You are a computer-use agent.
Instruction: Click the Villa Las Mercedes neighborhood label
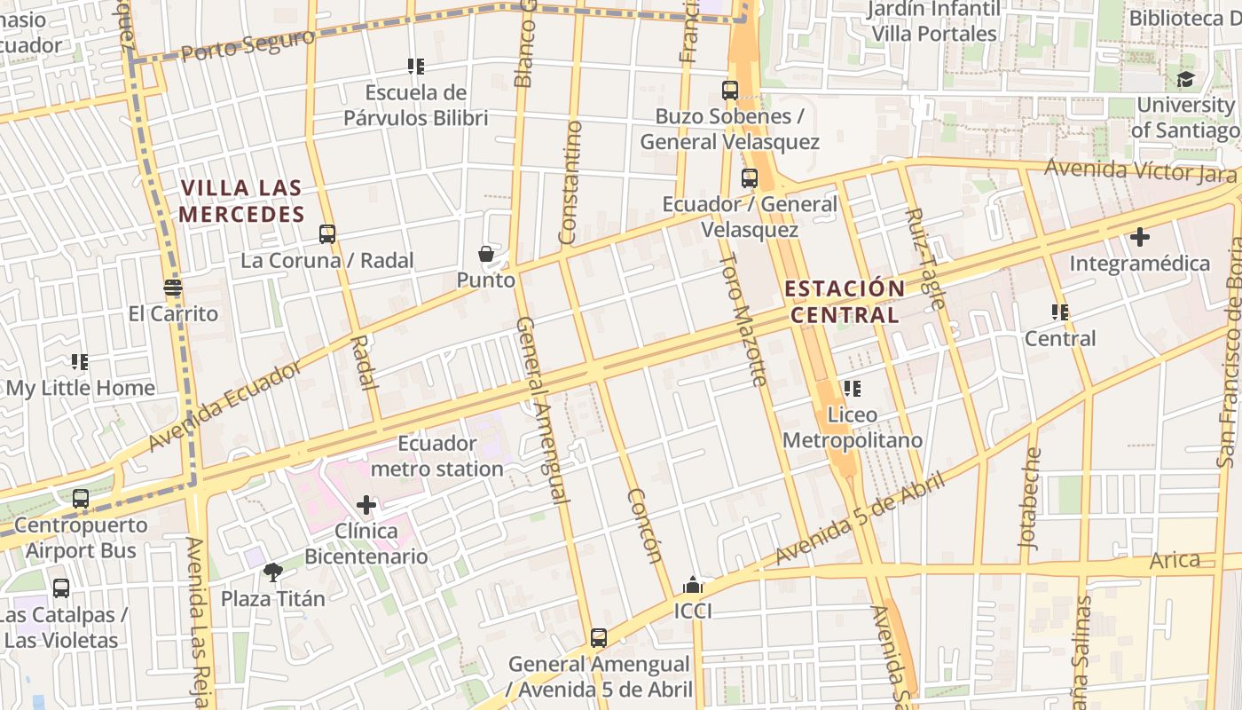coord(241,201)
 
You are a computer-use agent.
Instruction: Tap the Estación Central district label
coord(845,302)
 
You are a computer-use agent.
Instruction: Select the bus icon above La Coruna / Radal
coord(327,234)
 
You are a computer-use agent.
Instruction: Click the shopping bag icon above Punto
coord(486,255)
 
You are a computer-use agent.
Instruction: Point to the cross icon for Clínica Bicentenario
coord(366,506)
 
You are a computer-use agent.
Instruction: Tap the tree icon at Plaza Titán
coord(273,572)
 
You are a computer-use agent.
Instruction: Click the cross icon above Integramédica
coord(1140,238)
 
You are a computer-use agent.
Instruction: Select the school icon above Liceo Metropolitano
coord(853,389)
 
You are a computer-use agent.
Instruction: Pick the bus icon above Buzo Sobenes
coord(730,91)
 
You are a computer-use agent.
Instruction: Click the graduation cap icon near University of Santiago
coord(1185,80)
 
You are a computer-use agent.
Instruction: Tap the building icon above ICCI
coord(693,586)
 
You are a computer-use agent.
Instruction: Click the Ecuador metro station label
coord(437,456)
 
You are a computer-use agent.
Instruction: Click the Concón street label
coord(645,525)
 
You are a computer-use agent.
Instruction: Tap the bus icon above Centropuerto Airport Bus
coord(81,499)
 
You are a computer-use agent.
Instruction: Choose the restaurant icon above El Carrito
coord(173,288)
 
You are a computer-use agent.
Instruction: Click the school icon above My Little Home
coord(81,362)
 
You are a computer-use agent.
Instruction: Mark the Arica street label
coord(1175,561)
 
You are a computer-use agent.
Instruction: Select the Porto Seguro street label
coord(248,44)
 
